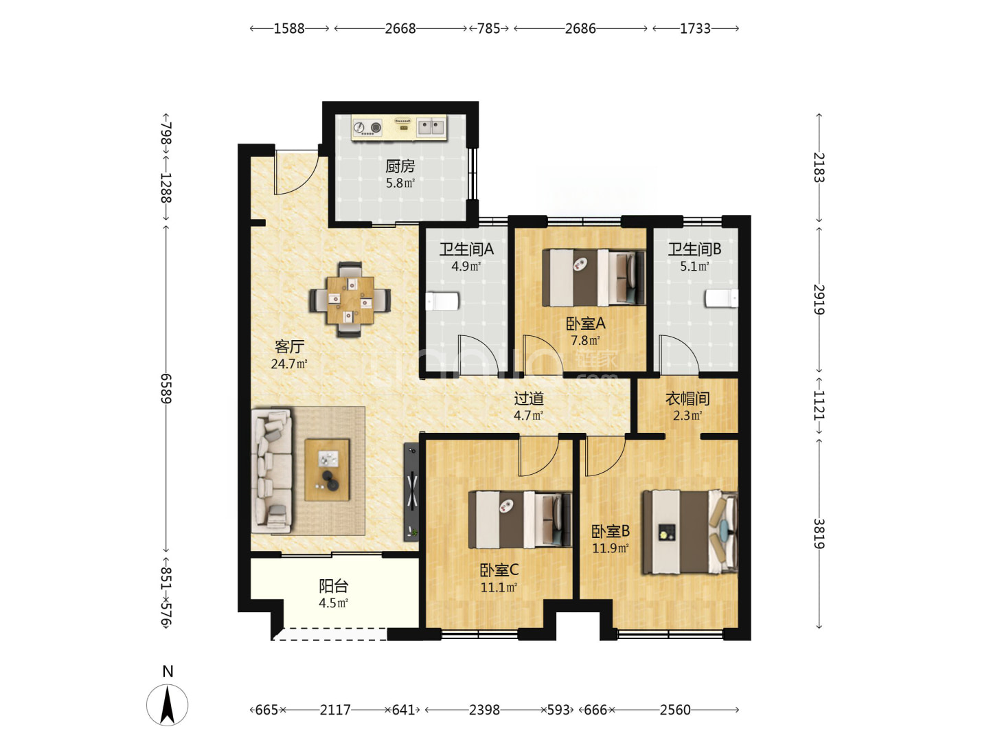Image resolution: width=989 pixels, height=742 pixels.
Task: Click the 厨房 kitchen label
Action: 399,166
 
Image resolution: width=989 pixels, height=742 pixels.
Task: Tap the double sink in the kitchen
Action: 431,126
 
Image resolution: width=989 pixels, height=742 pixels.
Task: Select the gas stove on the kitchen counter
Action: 367,128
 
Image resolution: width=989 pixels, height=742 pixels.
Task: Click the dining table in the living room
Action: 350,300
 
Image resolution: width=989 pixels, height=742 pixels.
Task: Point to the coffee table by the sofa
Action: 327,470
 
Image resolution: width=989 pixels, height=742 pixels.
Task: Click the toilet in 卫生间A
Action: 442,301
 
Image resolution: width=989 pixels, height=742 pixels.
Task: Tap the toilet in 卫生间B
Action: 721,298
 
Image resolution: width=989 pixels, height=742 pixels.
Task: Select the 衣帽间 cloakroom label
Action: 687,398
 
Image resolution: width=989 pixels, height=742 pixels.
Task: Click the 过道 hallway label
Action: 529,398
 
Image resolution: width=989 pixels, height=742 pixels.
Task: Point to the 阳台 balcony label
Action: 333,585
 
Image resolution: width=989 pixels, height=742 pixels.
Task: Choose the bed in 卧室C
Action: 519,519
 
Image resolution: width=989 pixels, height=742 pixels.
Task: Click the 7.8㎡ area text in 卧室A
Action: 585,340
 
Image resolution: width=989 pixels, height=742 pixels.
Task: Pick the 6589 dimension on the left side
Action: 166,388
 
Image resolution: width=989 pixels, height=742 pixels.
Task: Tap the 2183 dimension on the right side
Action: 819,168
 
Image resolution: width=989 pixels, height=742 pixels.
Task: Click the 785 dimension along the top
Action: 489,28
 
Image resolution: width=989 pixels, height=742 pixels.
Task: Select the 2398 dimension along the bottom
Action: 484,710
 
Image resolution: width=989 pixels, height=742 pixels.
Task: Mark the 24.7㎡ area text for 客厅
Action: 289,363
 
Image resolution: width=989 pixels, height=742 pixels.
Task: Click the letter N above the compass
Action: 168,671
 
